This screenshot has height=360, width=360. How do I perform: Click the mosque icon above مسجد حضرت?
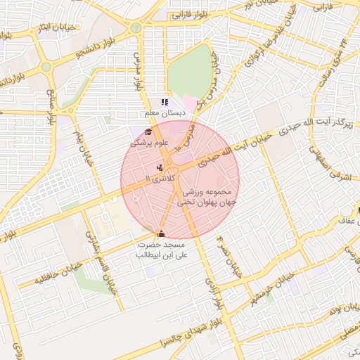coord(162,233)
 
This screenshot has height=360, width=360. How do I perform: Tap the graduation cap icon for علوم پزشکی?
coord(148,131)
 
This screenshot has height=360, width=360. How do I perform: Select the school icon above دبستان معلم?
coord(165,103)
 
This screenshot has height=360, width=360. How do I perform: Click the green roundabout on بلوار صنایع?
coord(46,67)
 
